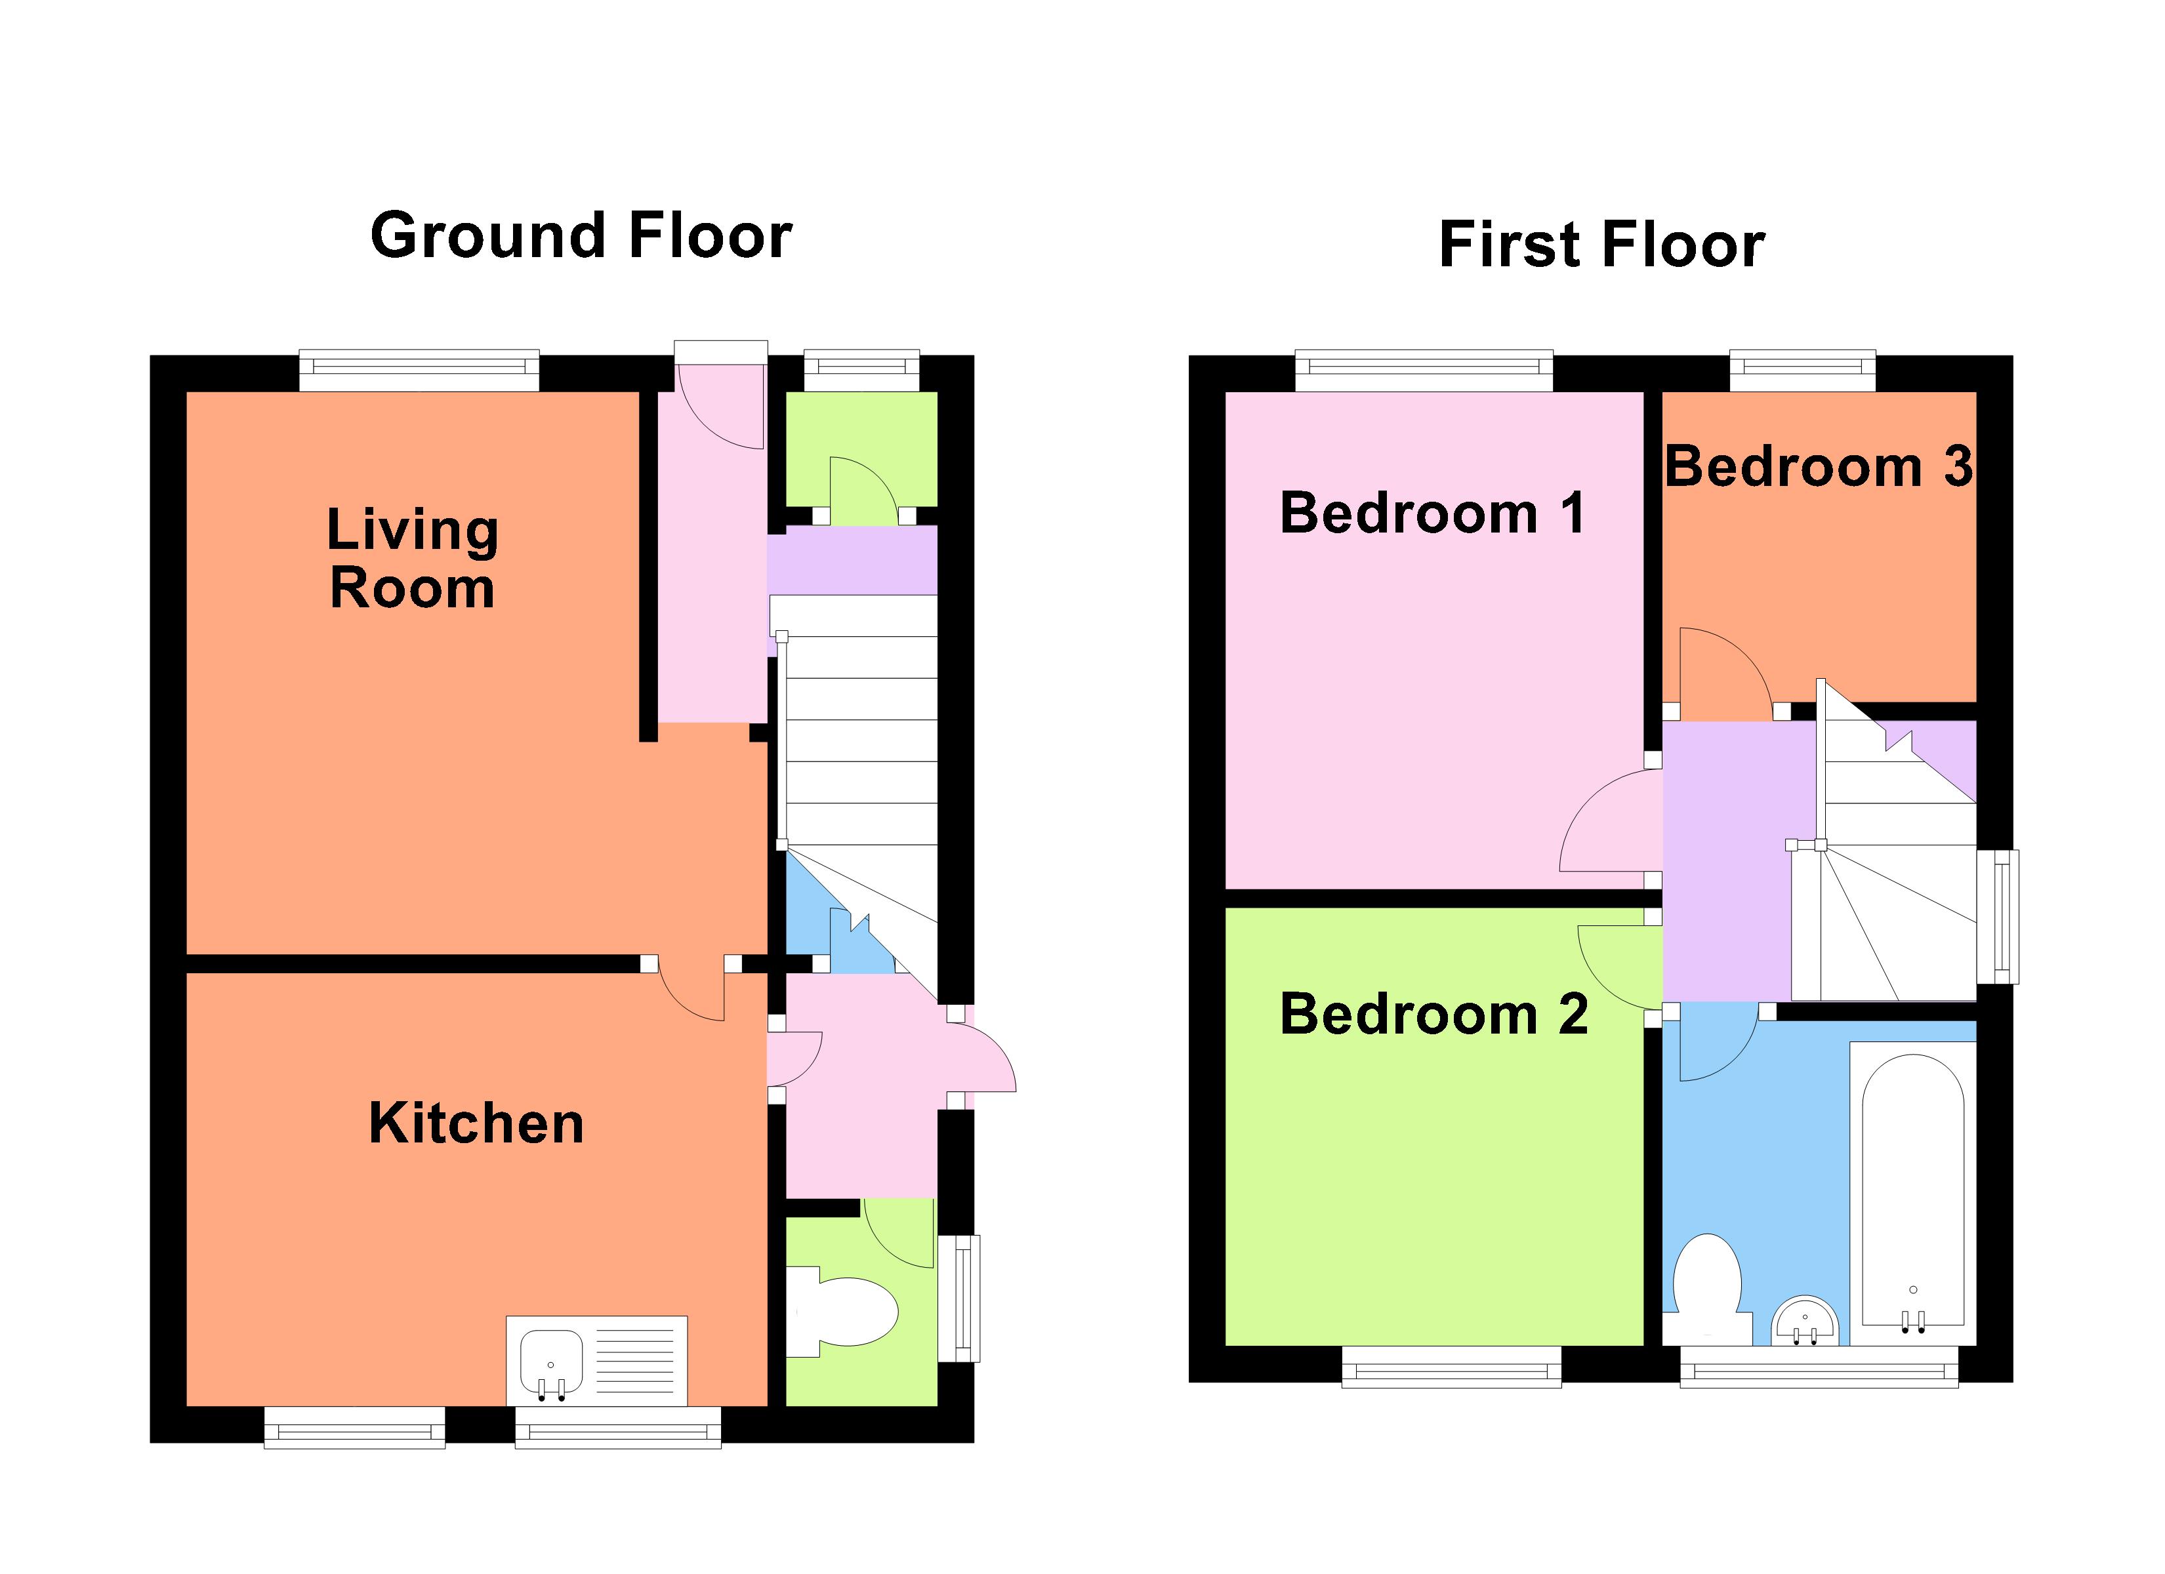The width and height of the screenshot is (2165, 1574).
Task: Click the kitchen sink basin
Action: click(x=552, y=1360)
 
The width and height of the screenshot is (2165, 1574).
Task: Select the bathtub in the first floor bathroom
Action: click(x=1912, y=1191)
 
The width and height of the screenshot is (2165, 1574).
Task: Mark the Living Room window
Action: click(x=419, y=371)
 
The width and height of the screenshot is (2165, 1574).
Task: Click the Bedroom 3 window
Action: click(x=1802, y=371)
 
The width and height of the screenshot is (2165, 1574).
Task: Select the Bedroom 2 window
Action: click(x=1451, y=1367)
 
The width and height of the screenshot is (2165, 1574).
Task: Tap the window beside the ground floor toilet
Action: click(x=959, y=1298)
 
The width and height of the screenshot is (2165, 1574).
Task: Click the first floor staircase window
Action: click(x=1997, y=916)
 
